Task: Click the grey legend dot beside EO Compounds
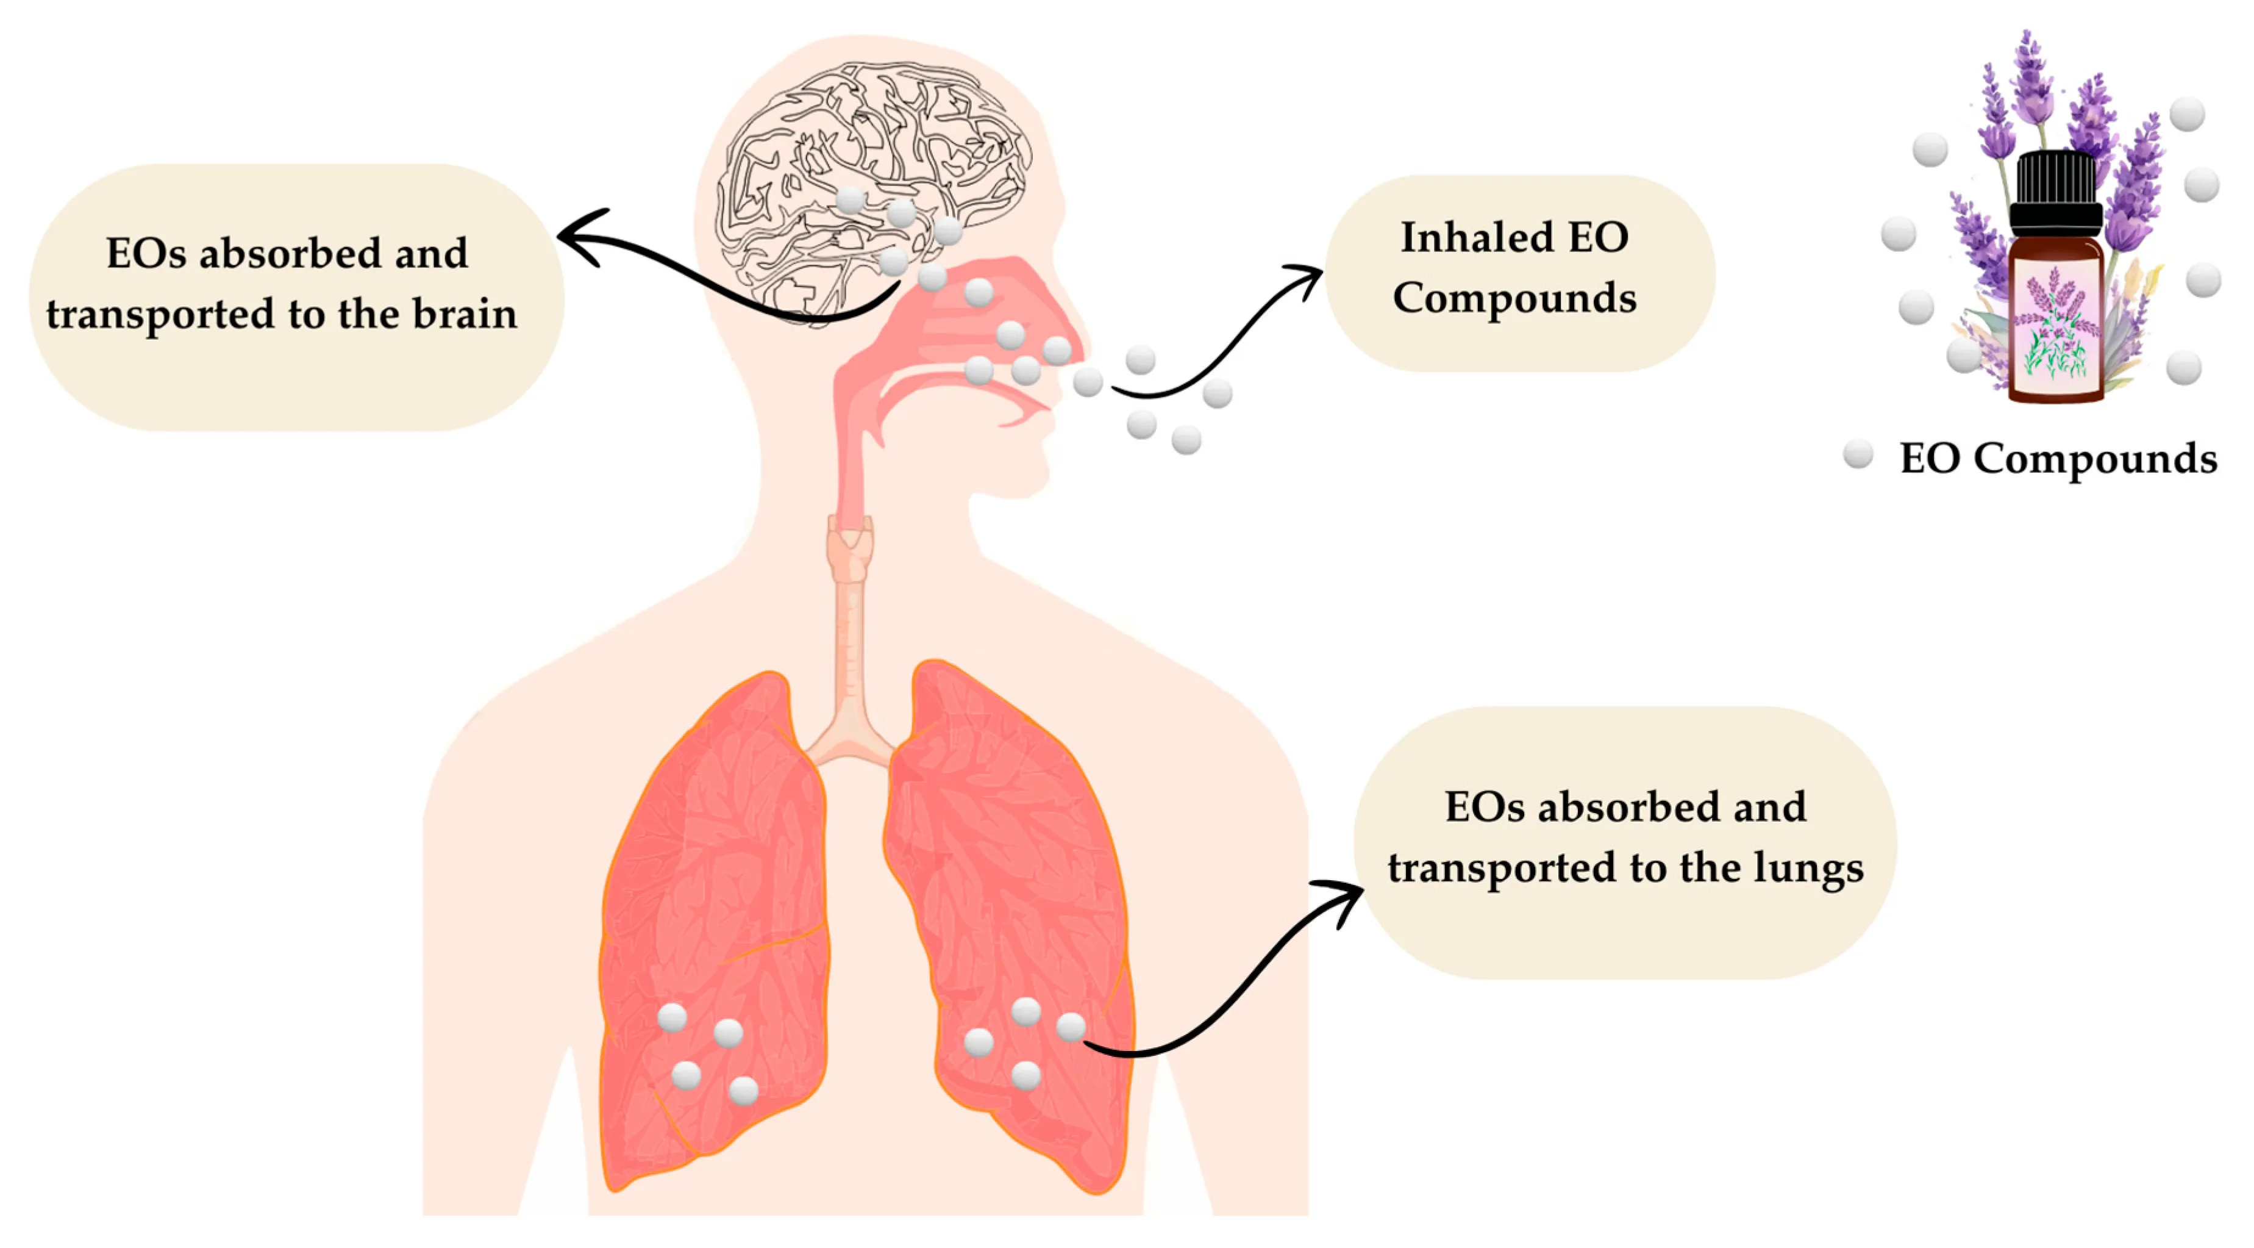[1858, 454]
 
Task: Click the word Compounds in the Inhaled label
[1514, 298]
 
